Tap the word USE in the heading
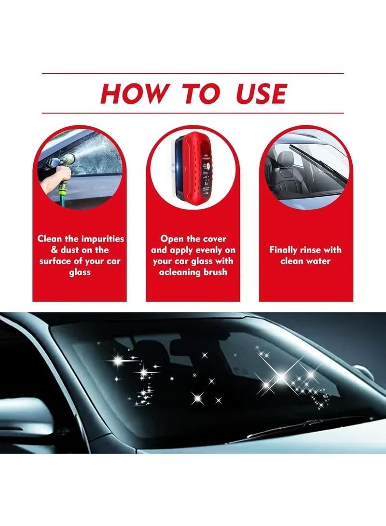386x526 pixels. tap(261, 94)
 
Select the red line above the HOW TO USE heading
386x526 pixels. tap(193, 73)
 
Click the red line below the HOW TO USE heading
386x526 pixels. tap(193, 113)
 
